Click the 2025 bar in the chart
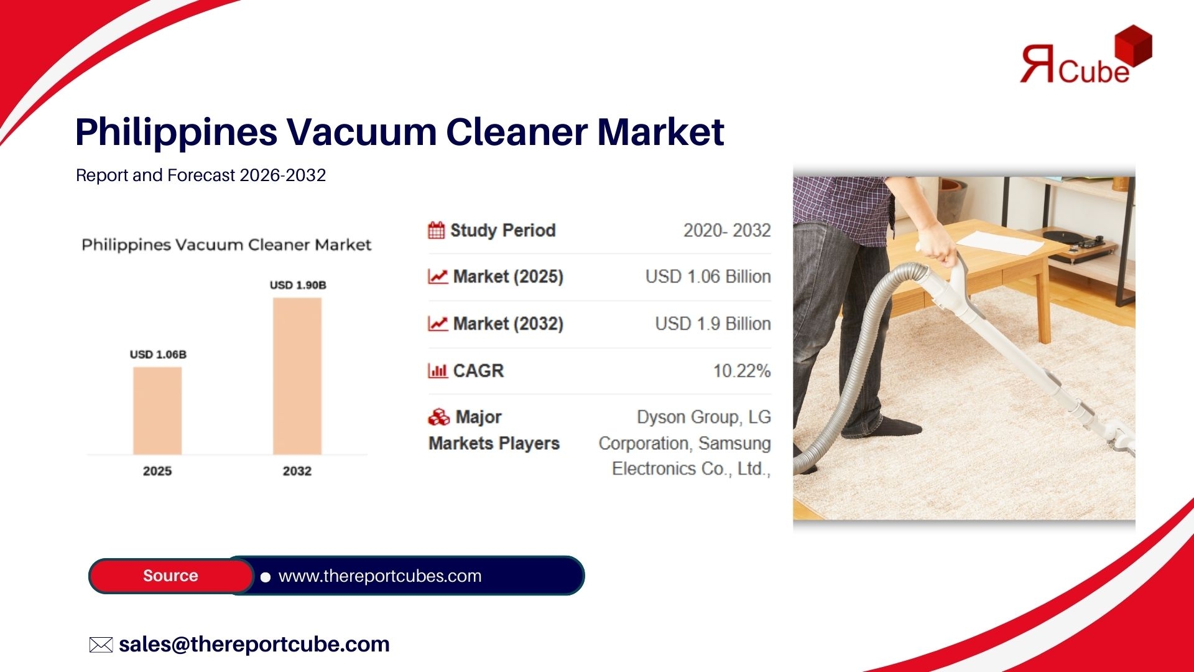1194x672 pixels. (157, 411)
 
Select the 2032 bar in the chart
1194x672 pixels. (297, 376)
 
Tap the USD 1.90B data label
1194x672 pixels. (298, 285)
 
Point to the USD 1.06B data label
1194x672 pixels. (158, 355)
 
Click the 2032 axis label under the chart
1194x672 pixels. (297, 471)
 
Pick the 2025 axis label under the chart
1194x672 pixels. (157, 471)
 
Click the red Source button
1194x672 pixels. (171, 576)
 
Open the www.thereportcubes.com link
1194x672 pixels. (380, 576)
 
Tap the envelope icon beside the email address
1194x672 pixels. (101, 645)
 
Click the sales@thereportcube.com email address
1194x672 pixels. (254, 644)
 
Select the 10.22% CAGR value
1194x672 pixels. (742, 371)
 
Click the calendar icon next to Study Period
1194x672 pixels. (437, 230)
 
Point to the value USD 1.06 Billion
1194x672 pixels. (708, 276)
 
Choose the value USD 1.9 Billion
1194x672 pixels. (713, 324)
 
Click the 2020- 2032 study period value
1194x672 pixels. (727, 230)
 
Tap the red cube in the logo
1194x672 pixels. (1133, 45)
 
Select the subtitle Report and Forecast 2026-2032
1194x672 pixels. (201, 175)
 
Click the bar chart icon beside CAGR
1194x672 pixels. (438, 371)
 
